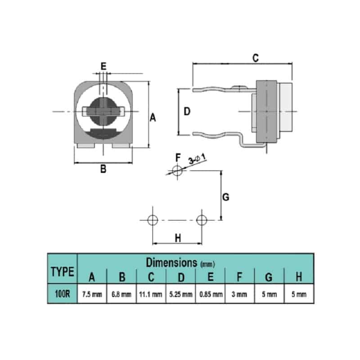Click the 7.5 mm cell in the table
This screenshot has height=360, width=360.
[92, 294]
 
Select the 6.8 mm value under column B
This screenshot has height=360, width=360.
[121, 294]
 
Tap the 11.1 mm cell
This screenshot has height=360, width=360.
[151, 294]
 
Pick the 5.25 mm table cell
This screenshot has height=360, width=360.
[181, 294]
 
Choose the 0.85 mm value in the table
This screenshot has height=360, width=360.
[211, 294]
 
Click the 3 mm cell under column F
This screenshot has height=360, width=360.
[239, 294]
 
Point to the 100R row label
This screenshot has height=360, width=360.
[62, 294]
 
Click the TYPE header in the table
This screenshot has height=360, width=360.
[63, 272]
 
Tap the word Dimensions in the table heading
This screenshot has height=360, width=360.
[171, 262]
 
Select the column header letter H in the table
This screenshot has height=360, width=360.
[299, 277]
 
